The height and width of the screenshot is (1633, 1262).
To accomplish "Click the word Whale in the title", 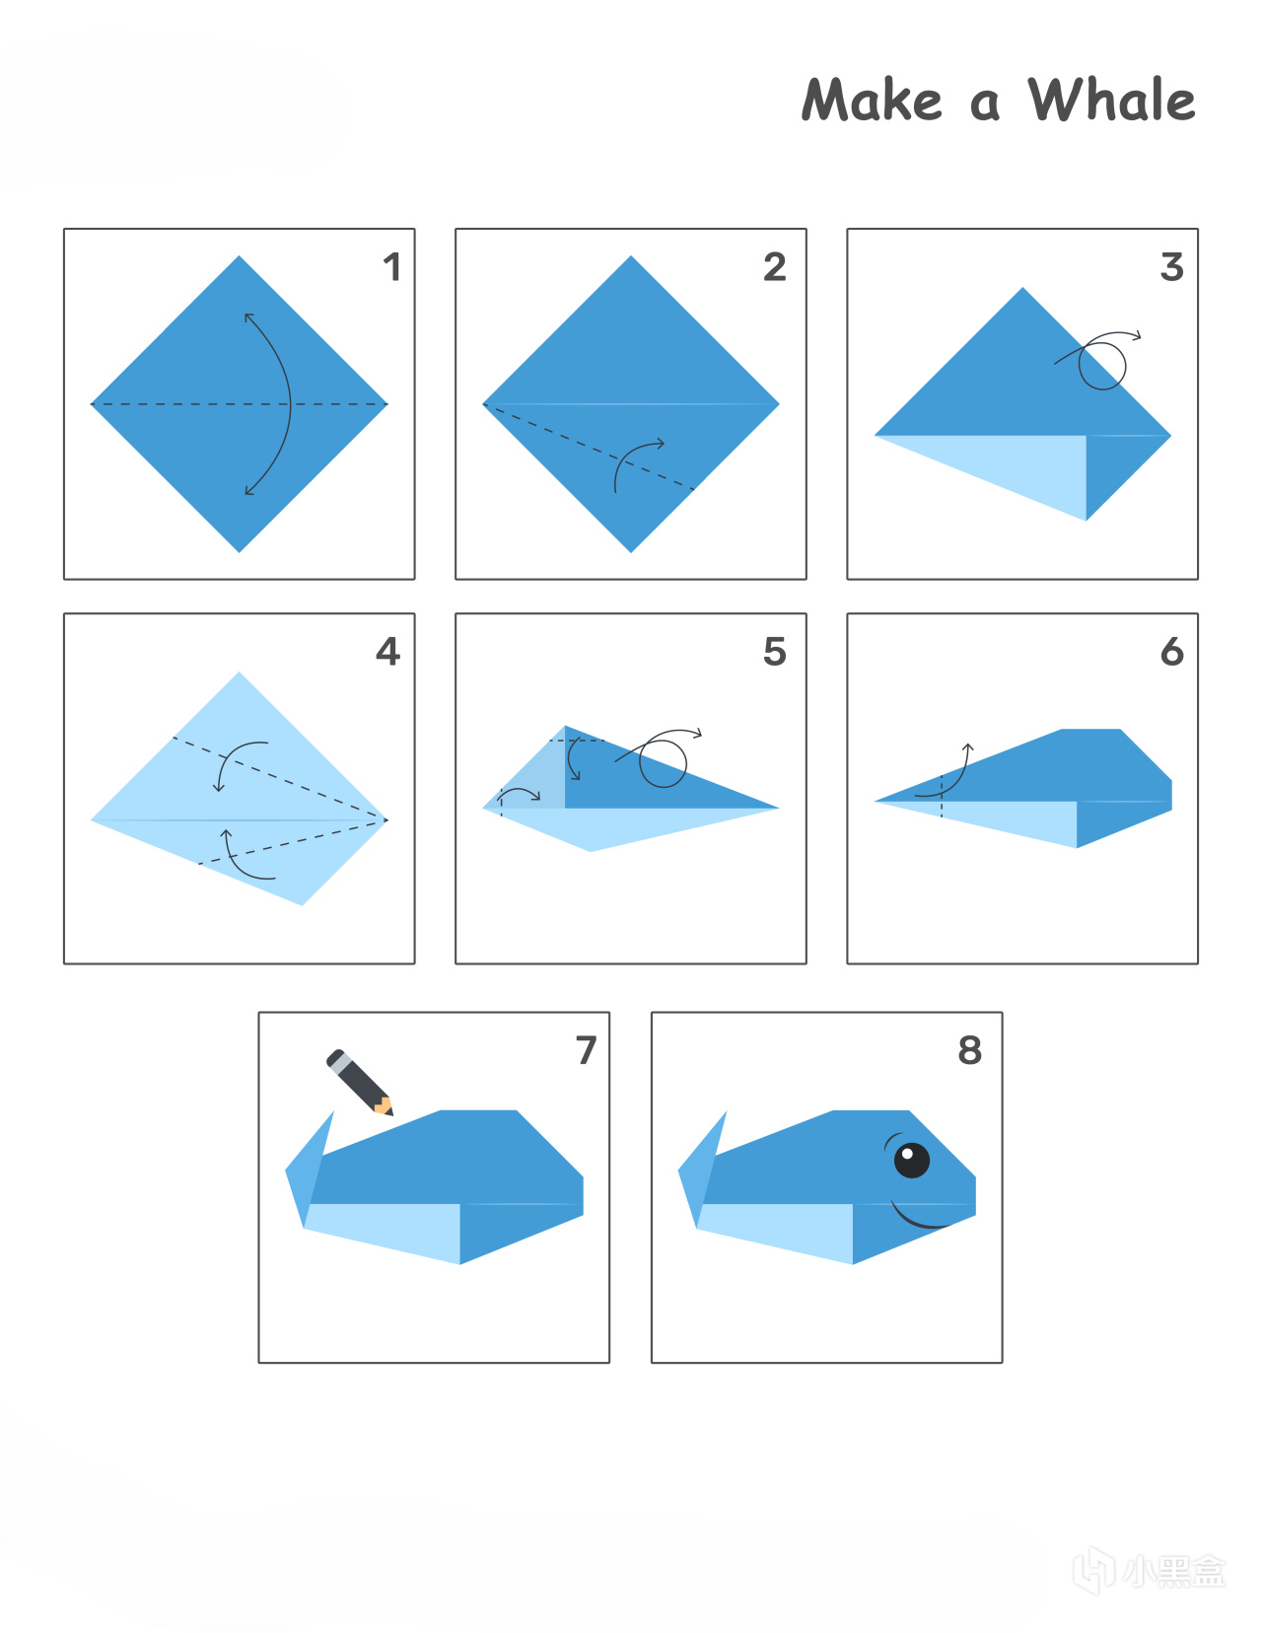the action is coord(1111,100).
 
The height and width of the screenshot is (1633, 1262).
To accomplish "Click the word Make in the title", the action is coord(872,100).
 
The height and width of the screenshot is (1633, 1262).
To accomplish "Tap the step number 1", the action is coord(392,267).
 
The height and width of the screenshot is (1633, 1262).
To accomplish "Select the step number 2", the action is coord(775,267).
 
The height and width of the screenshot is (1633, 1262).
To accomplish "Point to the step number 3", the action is coord(1172,267).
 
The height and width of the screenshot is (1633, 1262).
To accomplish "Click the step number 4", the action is coord(388,651).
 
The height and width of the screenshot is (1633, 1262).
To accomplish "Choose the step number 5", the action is coord(775,651).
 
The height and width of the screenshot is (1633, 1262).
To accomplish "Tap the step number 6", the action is coord(1172,651).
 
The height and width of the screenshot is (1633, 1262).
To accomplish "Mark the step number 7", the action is coord(587,1050).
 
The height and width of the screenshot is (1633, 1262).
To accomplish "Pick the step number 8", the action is coord(970,1050).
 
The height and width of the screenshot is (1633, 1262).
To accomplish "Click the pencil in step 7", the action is coord(360,1082).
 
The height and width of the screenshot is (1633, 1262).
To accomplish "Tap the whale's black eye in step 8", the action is coord(911,1161).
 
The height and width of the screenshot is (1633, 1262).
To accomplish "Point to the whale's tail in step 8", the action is coord(702,1172).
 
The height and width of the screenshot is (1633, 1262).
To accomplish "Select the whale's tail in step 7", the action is coord(309,1172).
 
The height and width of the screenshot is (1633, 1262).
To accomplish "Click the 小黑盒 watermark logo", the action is coord(1150,1571).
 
